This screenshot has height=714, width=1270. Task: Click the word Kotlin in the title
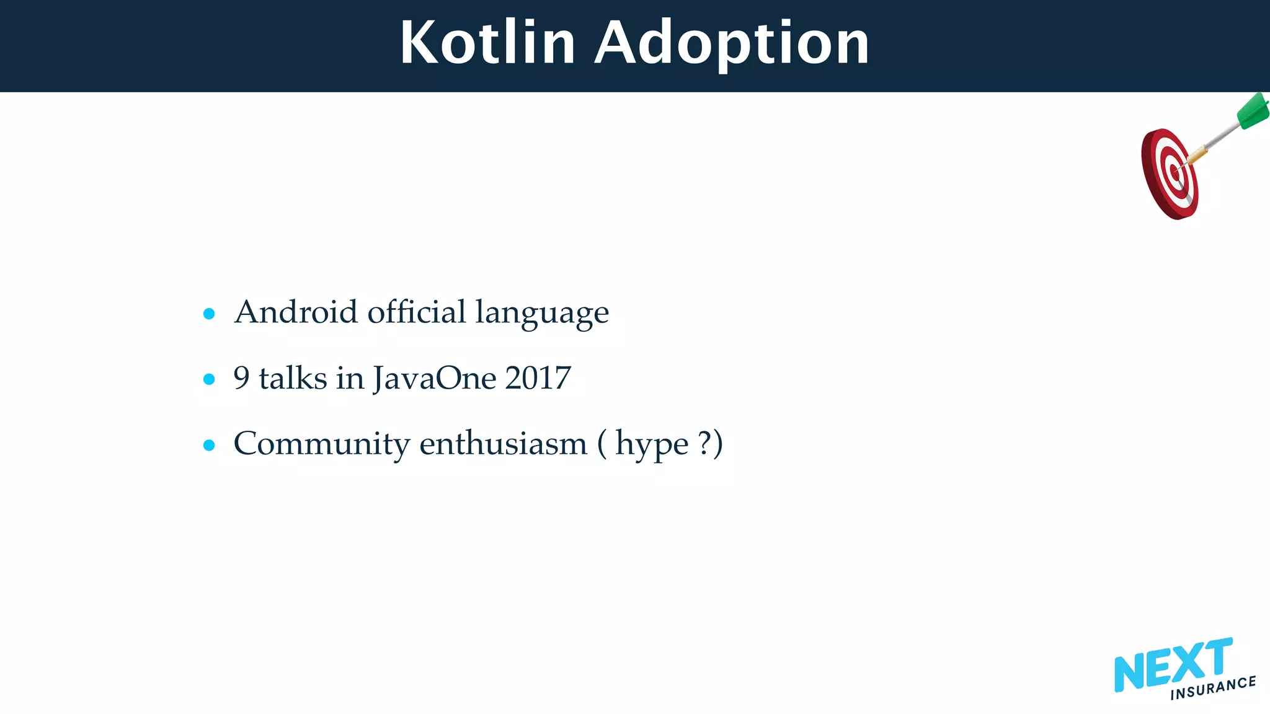(x=488, y=43)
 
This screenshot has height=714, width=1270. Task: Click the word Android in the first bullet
(x=296, y=312)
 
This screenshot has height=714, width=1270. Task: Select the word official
(x=416, y=312)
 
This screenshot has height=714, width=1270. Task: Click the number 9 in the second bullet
(x=241, y=378)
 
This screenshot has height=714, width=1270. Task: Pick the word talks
(x=293, y=378)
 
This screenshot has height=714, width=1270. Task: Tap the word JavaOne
(x=435, y=379)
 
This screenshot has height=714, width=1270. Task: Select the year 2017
(x=538, y=378)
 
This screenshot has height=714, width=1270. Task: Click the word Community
(x=322, y=444)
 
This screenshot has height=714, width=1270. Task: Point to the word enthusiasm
(x=503, y=444)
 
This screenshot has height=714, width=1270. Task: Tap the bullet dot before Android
(x=209, y=314)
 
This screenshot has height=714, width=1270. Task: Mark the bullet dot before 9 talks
(x=209, y=379)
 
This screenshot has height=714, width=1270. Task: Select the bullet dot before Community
(x=209, y=444)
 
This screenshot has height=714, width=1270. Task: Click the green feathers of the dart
(x=1253, y=112)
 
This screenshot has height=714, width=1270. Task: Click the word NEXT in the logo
(x=1172, y=665)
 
